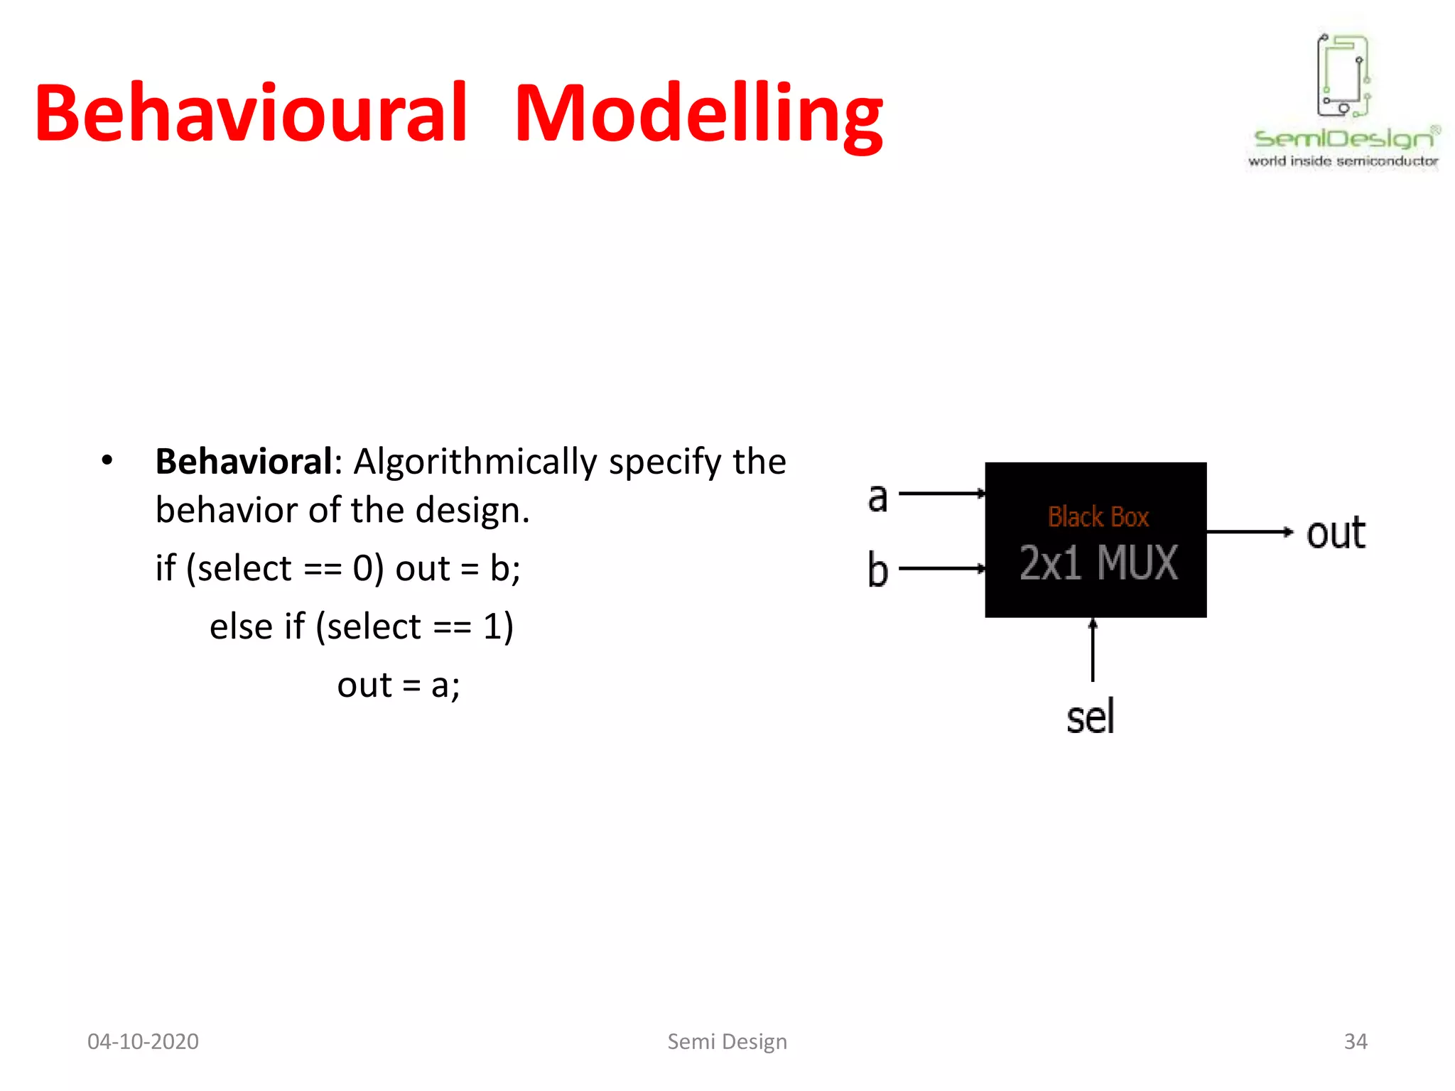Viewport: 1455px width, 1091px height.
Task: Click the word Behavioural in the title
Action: pyautogui.click(x=250, y=114)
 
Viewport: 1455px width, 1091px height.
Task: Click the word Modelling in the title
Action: pyautogui.click(x=698, y=115)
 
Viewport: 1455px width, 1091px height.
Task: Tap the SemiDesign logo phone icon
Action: pyautogui.click(x=1342, y=75)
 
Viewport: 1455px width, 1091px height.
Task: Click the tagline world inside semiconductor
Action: pyautogui.click(x=1342, y=162)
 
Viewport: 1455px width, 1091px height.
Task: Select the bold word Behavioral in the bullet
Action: pyautogui.click(x=244, y=462)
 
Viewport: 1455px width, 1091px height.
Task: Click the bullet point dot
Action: pyautogui.click(x=107, y=460)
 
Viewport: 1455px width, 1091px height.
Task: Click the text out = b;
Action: pyautogui.click(x=458, y=568)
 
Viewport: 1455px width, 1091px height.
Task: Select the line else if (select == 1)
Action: pyautogui.click(x=361, y=626)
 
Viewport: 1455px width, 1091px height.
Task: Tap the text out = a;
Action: pyautogui.click(x=399, y=685)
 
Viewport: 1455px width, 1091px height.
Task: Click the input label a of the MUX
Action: pyautogui.click(x=878, y=496)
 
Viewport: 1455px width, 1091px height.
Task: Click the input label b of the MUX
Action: pyautogui.click(x=878, y=570)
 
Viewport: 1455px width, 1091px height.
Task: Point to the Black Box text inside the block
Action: pyautogui.click(x=1098, y=517)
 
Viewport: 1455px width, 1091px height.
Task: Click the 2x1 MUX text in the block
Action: pyautogui.click(x=1098, y=563)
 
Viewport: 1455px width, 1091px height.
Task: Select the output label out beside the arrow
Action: pyautogui.click(x=1335, y=533)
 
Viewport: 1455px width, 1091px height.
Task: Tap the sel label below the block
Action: pyautogui.click(x=1090, y=717)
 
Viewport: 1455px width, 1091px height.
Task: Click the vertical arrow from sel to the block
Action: pyautogui.click(x=1093, y=650)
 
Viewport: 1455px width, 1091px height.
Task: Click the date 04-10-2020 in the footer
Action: pyautogui.click(x=143, y=1041)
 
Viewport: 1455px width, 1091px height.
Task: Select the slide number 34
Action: pyautogui.click(x=1355, y=1041)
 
